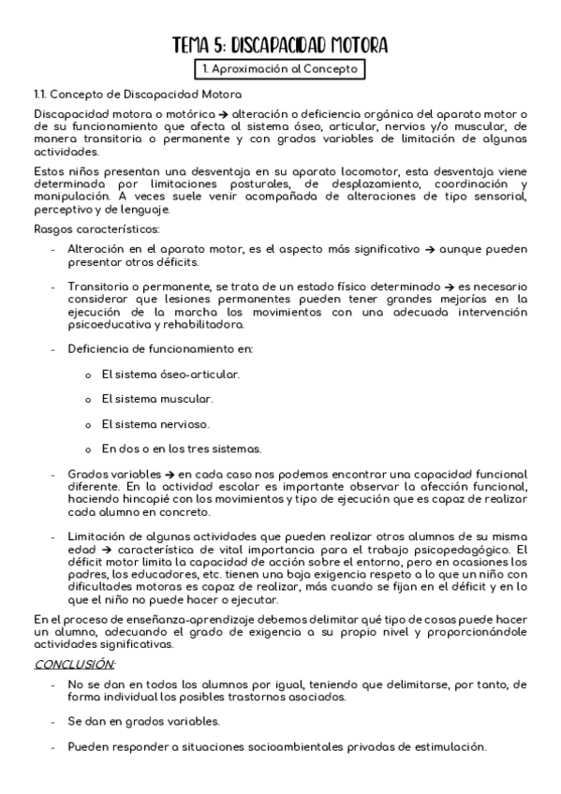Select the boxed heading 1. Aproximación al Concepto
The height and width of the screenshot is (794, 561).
pos(279,70)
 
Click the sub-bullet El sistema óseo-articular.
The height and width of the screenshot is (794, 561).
pos(170,374)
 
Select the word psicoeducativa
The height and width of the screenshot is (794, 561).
pos(109,324)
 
